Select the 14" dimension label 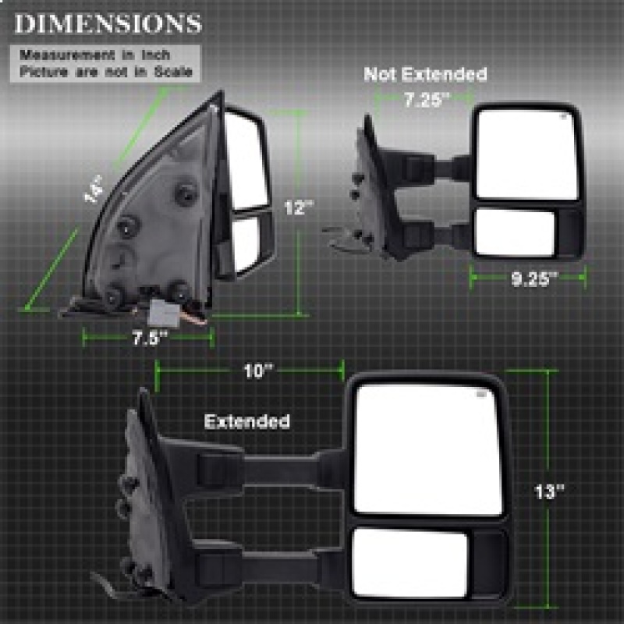coord(94,190)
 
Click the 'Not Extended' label coord(425,75)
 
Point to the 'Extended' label coord(247,422)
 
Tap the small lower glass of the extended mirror coord(409,563)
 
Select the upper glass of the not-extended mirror coord(527,153)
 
